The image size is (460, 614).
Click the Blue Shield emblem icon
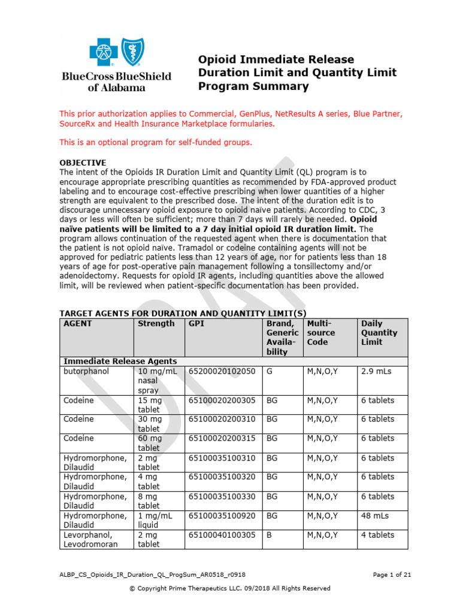pyautogui.click(x=133, y=52)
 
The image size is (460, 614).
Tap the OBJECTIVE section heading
pyautogui.click(x=83, y=162)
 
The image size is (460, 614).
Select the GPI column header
pyautogui.click(x=196, y=324)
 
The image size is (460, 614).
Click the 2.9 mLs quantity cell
pyautogui.click(x=376, y=371)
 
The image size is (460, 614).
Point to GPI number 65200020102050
pyautogui.click(x=222, y=371)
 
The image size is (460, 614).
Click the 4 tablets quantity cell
pyautogui.click(x=377, y=535)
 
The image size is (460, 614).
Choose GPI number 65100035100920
pyautogui.click(x=222, y=516)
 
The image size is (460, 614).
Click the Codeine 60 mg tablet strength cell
pyautogui.click(x=150, y=443)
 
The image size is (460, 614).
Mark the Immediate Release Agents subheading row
pyautogui.click(x=120, y=361)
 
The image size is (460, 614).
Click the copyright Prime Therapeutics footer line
pyautogui.click(x=230, y=588)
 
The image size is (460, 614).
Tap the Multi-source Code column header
pyautogui.click(x=321, y=333)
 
